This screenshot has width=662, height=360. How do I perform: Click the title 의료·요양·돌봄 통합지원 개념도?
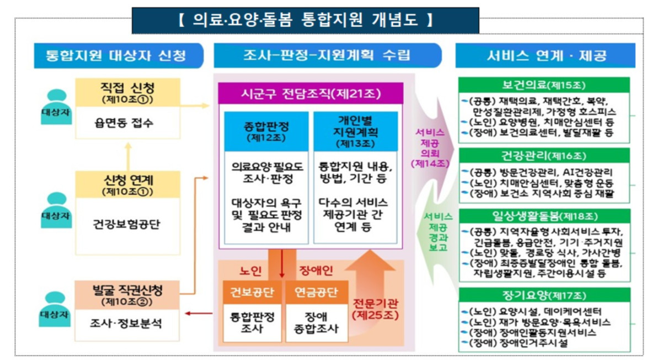pyautogui.click(x=305, y=21)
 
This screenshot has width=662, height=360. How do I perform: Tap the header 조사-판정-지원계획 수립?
pyautogui.click(x=327, y=56)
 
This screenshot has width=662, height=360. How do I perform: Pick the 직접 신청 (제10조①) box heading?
pyautogui.click(x=127, y=92)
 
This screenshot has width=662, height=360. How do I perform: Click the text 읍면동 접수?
pyautogui.click(x=127, y=123)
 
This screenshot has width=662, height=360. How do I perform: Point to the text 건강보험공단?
pyautogui.click(x=127, y=224)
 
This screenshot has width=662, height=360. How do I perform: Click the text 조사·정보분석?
pyautogui.click(x=127, y=323)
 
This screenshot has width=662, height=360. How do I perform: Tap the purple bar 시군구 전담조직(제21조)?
pyautogui.click(x=311, y=93)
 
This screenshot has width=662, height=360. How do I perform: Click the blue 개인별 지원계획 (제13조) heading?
pyautogui.click(x=356, y=131)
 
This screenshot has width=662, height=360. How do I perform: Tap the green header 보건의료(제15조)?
pyautogui.click(x=544, y=85)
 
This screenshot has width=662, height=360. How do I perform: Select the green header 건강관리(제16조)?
pyautogui.click(x=544, y=155)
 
